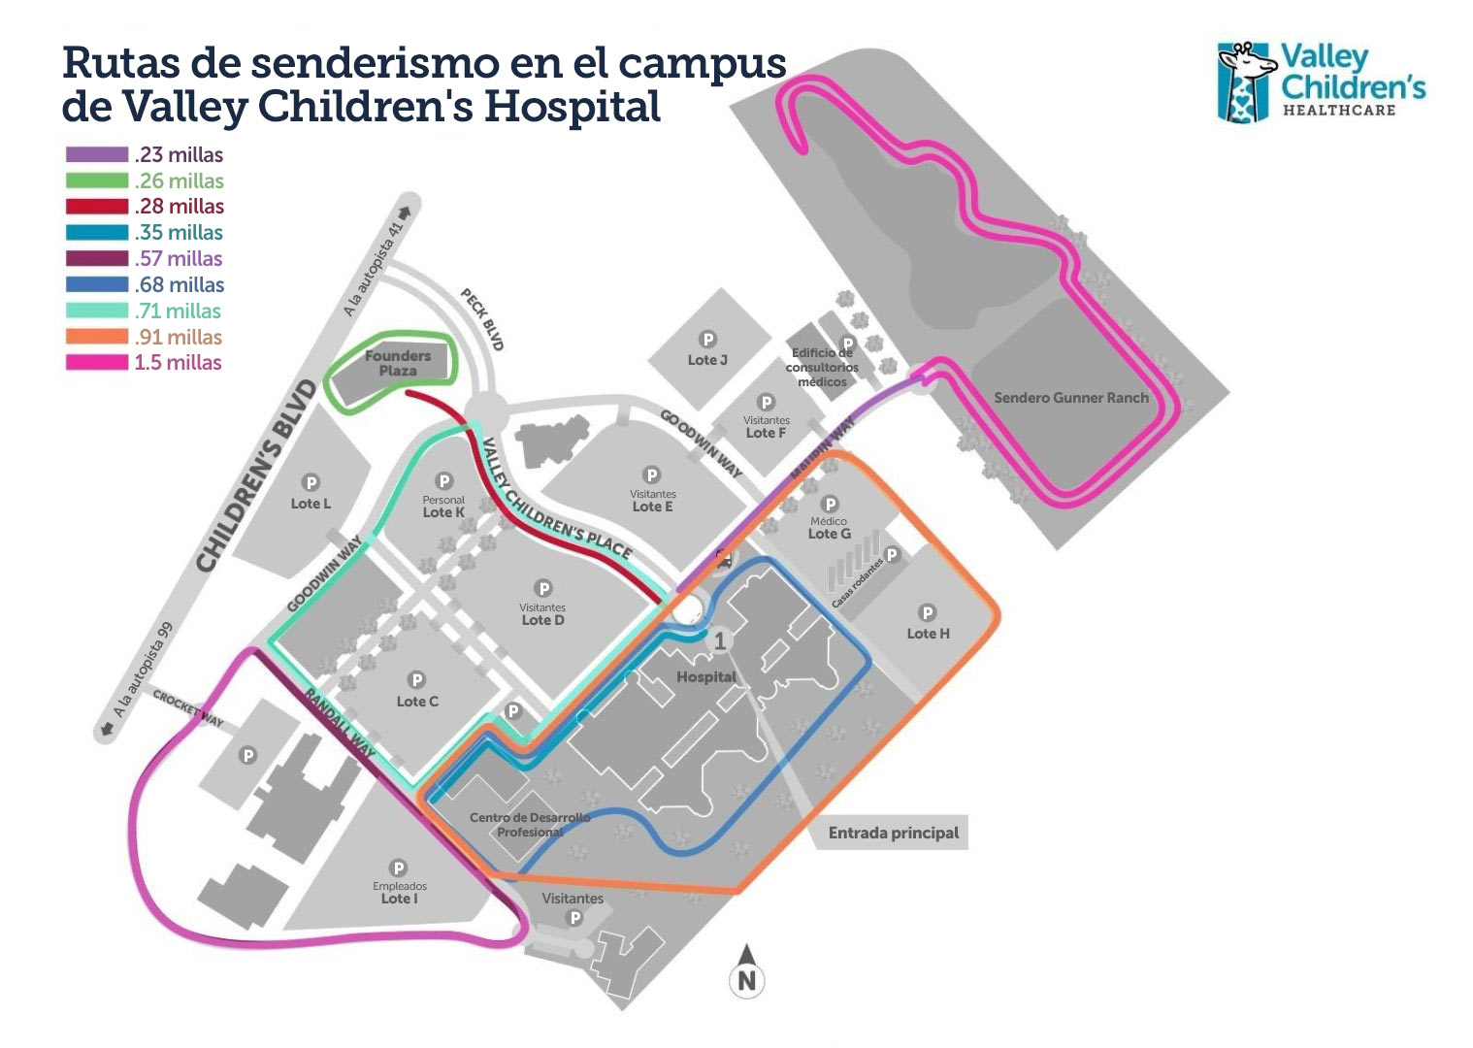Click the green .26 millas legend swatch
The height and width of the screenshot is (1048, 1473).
97,180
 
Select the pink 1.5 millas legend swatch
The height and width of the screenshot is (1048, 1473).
97,362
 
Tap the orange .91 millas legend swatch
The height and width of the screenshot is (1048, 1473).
97,337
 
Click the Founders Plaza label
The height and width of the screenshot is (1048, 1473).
398,363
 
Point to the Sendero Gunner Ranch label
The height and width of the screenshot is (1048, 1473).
1071,397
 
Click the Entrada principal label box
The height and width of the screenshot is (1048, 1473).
893,833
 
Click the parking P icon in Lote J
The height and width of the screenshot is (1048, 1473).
708,340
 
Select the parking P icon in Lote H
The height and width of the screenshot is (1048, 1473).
928,612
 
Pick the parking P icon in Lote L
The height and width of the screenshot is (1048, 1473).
311,482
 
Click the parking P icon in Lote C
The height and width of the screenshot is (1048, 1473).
417,680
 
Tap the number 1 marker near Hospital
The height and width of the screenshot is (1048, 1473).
720,640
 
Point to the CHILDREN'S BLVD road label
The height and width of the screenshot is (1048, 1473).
256,475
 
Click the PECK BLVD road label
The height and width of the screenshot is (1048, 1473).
482,319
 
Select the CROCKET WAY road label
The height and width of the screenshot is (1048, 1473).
188,708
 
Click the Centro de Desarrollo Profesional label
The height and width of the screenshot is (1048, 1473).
530,825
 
